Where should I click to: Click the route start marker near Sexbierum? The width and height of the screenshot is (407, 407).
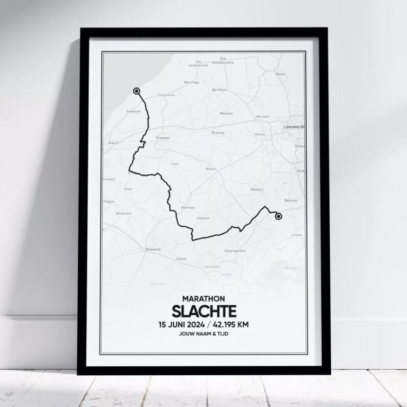click(x=137, y=91)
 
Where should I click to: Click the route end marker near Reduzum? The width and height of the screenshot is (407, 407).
click(x=278, y=216)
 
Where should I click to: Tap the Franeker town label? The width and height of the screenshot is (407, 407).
click(x=163, y=137)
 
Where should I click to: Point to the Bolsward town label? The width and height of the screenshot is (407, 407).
click(x=153, y=249)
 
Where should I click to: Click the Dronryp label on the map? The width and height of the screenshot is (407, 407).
click(x=218, y=132)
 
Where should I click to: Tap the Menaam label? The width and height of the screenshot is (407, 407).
click(x=226, y=113)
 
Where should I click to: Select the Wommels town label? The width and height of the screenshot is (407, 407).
click(x=188, y=207)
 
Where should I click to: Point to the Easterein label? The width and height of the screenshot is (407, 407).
click(x=203, y=218)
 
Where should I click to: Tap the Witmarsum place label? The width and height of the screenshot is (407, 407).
click(x=123, y=214)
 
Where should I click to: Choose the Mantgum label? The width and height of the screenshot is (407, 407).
click(x=256, y=189)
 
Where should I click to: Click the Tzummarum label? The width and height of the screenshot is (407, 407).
click(x=166, y=95)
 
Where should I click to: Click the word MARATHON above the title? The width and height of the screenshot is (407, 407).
click(x=203, y=298)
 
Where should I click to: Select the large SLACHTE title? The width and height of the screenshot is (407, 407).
click(x=203, y=311)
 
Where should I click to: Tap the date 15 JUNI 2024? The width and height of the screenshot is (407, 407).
click(x=181, y=325)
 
